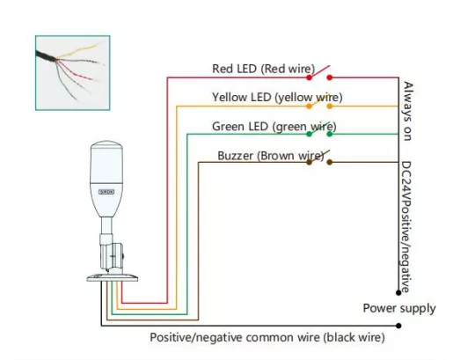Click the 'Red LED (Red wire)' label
coord(263,69)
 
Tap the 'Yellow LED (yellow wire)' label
coord(277,98)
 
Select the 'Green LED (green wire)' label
coord(274,127)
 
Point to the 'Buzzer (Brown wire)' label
coord(270,156)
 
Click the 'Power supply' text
coord(399,309)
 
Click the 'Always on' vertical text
coord(408,111)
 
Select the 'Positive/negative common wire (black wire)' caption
coord(267,337)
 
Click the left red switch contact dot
coord(309,77)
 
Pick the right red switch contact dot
coord(330,77)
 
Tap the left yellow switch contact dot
coord(309,106)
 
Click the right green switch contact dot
coord(330,134)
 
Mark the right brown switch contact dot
coord(330,162)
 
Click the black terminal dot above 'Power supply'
coord(398,292)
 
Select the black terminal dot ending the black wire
coord(398,326)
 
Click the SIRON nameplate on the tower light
coord(106,192)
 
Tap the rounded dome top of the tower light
coord(106,147)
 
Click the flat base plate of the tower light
coord(113,277)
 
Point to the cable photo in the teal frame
coord(73,73)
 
